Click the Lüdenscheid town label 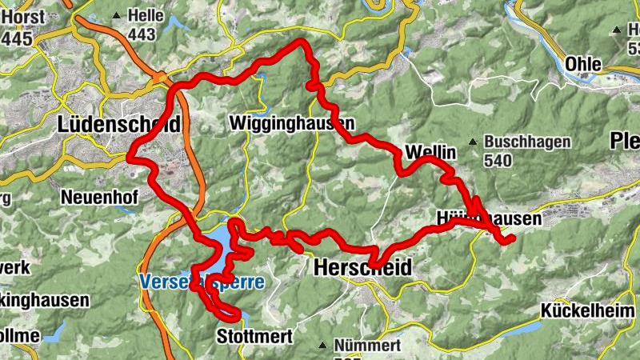pyautogui.click(x=118, y=124)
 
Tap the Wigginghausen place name pyautogui.click(x=290, y=124)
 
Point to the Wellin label pyautogui.click(x=430, y=151)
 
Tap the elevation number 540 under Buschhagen pyautogui.click(x=498, y=160)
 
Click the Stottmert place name pyautogui.click(x=254, y=337)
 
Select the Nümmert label pyautogui.click(x=369, y=346)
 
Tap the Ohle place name pyautogui.click(x=583, y=64)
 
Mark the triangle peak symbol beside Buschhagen pyautogui.click(x=474, y=142)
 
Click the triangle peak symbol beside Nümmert pyautogui.click(x=322, y=346)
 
